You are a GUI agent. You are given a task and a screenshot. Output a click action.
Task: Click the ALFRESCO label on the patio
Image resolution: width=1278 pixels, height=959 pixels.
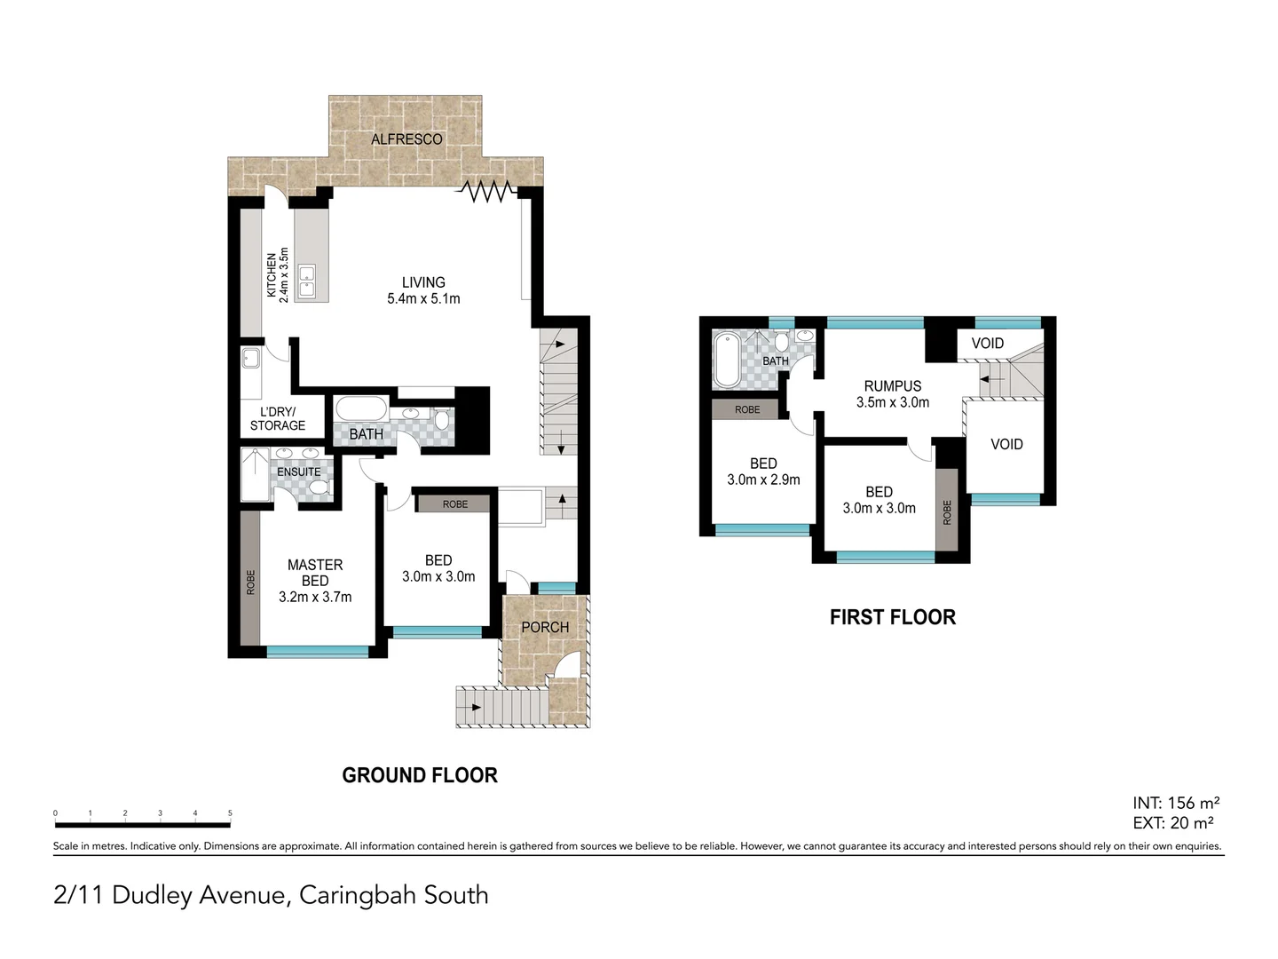click(406, 139)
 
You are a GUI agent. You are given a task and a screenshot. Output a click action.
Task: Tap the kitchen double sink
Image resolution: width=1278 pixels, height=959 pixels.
click(307, 281)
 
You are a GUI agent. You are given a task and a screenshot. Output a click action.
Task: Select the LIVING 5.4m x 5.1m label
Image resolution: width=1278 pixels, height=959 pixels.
click(423, 290)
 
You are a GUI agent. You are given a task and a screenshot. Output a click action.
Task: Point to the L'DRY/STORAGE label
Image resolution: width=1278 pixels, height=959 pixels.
click(278, 418)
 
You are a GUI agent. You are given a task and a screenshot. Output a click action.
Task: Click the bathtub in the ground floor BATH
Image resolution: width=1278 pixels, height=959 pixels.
click(361, 411)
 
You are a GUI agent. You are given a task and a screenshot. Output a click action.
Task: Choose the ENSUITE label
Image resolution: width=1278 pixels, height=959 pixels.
click(298, 472)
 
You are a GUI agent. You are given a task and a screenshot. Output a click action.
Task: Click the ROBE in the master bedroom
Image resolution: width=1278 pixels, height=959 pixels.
click(250, 582)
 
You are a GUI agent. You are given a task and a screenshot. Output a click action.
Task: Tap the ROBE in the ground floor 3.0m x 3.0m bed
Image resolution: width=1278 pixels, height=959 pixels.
click(454, 504)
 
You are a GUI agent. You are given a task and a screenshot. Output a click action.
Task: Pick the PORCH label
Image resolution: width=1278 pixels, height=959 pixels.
click(545, 627)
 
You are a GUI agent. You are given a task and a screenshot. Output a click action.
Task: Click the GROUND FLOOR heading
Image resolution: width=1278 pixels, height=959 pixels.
click(420, 775)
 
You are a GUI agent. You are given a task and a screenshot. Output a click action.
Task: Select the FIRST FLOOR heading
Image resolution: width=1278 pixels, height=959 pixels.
click(892, 617)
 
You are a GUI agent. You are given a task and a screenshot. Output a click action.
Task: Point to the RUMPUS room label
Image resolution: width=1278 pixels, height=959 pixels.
click(893, 393)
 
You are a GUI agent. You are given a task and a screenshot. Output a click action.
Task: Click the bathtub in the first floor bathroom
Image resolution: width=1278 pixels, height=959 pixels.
click(726, 359)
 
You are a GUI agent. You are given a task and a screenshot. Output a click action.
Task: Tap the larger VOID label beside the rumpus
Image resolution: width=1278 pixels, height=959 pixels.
click(1006, 444)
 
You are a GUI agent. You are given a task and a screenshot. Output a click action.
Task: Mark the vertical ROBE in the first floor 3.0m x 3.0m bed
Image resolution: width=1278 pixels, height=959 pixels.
click(947, 512)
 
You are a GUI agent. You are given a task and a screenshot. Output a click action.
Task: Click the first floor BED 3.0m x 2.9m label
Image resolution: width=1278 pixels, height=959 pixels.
click(763, 472)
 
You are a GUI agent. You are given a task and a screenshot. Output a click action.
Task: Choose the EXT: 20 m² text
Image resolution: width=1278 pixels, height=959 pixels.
click(1173, 823)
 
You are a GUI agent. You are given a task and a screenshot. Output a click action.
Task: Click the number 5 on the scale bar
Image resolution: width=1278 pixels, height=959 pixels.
click(230, 813)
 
